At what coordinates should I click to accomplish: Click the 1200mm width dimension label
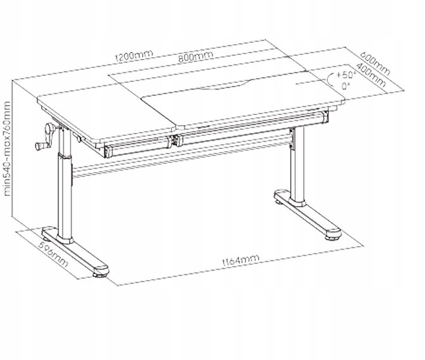point(135,57)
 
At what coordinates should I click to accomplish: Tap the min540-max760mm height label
point(8,148)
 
